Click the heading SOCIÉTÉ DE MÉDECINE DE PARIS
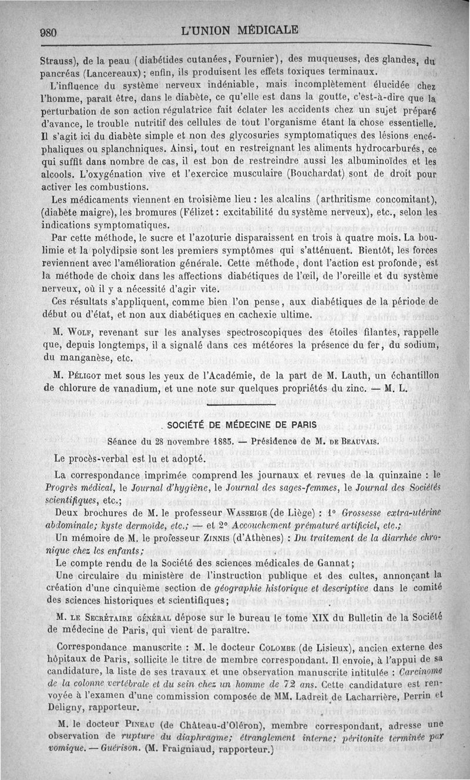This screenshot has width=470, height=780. pyautogui.click(x=241, y=425)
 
